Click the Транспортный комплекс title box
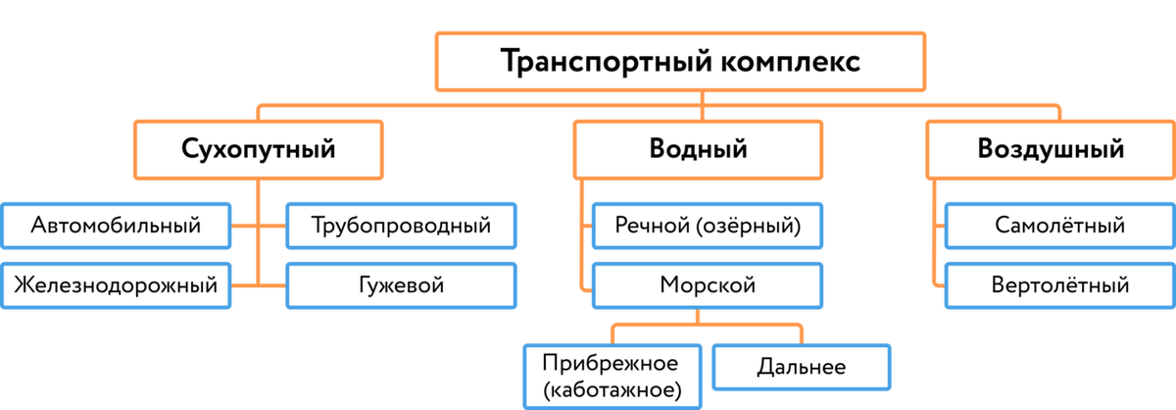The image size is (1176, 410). [x=680, y=63]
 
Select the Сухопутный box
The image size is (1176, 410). [x=259, y=150]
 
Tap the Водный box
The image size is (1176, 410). [x=698, y=150]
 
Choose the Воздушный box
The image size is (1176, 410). [x=1050, y=150]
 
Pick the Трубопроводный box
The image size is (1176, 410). [x=400, y=226]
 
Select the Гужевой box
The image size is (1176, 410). [x=400, y=285]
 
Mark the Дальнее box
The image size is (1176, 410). [x=801, y=368]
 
